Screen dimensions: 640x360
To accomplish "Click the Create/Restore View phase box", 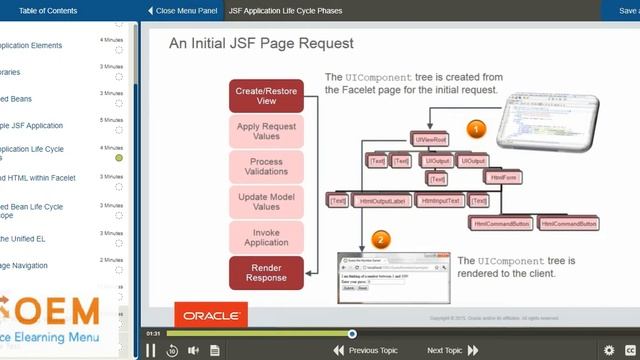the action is (x=266, y=95).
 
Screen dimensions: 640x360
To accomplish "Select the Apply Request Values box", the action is (x=266, y=131).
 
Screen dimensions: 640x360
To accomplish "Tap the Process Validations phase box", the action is (x=266, y=166).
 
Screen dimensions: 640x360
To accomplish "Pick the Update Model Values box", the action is (x=266, y=201).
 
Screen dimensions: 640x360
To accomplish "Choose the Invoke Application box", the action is (x=266, y=236).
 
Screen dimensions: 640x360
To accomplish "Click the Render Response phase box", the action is (x=266, y=272).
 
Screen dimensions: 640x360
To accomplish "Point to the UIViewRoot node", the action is (x=430, y=140).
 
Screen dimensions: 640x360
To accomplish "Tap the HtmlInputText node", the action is (x=441, y=201).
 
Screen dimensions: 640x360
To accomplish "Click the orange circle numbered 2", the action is (x=379, y=240).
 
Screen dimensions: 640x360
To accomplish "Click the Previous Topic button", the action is (x=366, y=350).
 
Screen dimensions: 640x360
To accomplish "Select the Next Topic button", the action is (x=450, y=350).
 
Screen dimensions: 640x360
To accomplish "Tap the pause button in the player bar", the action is (x=151, y=350).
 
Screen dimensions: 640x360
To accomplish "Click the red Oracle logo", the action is (x=210, y=316).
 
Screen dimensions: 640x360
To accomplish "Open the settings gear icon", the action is (x=609, y=350).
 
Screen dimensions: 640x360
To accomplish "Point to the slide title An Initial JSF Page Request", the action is (x=260, y=44).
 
